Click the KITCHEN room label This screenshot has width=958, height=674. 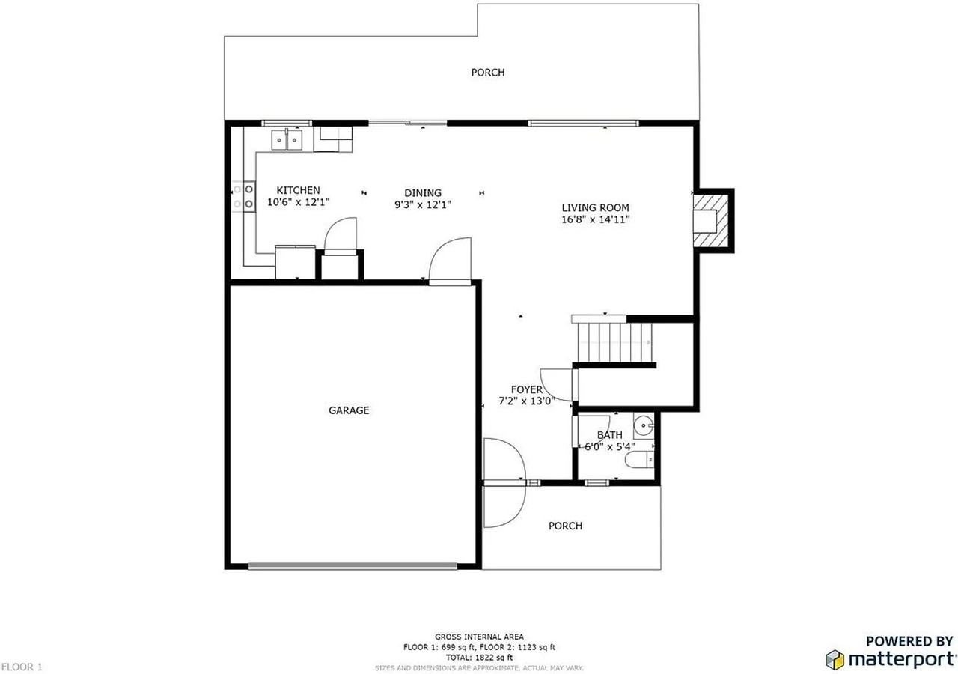pyautogui.click(x=298, y=190)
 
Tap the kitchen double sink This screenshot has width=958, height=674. pyautogui.click(x=287, y=139)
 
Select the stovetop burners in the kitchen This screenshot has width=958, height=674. pyautogui.click(x=243, y=196)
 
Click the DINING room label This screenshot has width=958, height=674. pyautogui.click(x=423, y=193)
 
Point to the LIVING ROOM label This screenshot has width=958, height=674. pyautogui.click(x=595, y=208)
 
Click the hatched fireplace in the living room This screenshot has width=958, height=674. pyautogui.click(x=710, y=220)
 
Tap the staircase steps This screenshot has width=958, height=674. pyautogui.click(x=614, y=342)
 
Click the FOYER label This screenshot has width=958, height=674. pyautogui.click(x=526, y=389)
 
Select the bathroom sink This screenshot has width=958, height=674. pyautogui.click(x=643, y=425)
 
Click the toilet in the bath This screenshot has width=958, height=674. pyautogui.click(x=639, y=460)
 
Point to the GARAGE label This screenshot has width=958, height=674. pyautogui.click(x=349, y=410)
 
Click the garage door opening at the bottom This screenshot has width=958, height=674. pyautogui.click(x=353, y=566)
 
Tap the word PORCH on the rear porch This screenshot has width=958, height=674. pyautogui.click(x=487, y=73)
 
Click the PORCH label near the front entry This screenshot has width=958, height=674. pyautogui.click(x=565, y=526)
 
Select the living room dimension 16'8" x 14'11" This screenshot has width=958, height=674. pyautogui.click(x=595, y=219)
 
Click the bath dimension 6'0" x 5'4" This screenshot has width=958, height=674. pyautogui.click(x=609, y=447)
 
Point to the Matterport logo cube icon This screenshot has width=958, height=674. pyautogui.click(x=835, y=659)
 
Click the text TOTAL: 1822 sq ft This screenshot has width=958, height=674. pyautogui.click(x=479, y=658)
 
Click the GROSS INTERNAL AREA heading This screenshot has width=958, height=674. pyautogui.click(x=479, y=637)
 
